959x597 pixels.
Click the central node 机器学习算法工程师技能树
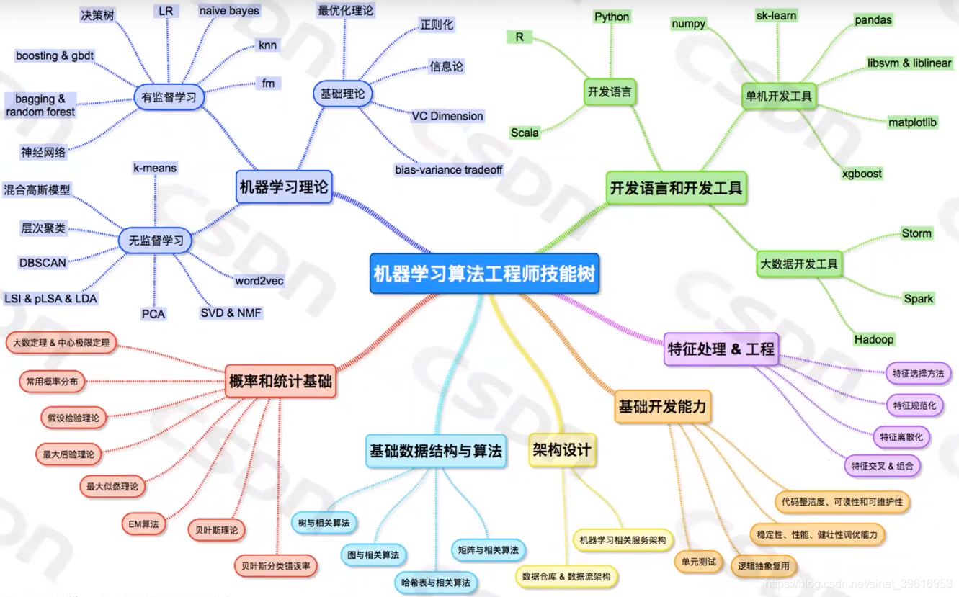click(484, 274)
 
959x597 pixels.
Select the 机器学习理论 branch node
click(283, 187)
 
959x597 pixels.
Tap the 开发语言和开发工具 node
click(676, 188)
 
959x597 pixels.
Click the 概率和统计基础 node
click(280, 380)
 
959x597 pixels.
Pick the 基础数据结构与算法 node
click(435, 451)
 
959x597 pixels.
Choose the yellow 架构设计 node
click(562, 450)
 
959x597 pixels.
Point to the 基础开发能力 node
click(662, 408)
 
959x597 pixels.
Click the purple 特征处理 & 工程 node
click(721, 349)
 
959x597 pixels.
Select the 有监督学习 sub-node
click(169, 98)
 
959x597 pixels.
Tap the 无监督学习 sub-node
click(156, 241)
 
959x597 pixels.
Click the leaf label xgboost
click(862, 174)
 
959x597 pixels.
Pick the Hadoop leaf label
click(873, 339)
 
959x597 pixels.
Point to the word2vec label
click(259, 280)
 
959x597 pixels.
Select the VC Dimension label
click(447, 116)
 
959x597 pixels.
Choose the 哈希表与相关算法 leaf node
click(436, 582)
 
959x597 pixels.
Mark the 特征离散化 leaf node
click(901, 436)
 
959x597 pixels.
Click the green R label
click(519, 37)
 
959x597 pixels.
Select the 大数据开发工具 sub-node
click(798, 264)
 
